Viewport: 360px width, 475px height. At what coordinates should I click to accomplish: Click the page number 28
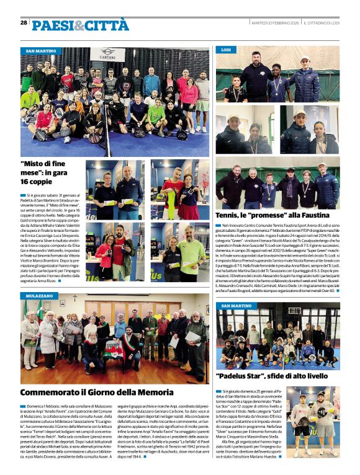[24, 22]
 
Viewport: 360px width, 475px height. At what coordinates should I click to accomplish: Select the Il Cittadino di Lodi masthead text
[323, 23]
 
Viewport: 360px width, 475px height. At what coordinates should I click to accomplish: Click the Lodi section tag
[226, 49]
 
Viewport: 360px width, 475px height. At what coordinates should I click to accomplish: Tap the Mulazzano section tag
[38, 297]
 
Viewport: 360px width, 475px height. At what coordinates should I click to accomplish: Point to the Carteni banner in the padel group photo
[107, 54]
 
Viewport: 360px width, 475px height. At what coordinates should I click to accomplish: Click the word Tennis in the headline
[230, 215]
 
